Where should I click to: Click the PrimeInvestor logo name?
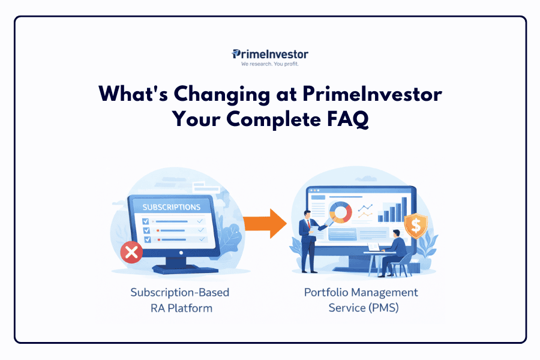(x=270, y=54)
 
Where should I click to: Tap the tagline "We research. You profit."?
(x=269, y=64)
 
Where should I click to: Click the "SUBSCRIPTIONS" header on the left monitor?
(x=171, y=207)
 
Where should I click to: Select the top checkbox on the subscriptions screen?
(x=145, y=221)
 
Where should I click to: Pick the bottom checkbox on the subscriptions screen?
(x=145, y=239)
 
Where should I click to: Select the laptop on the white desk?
(x=374, y=247)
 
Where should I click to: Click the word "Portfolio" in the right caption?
(x=326, y=293)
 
